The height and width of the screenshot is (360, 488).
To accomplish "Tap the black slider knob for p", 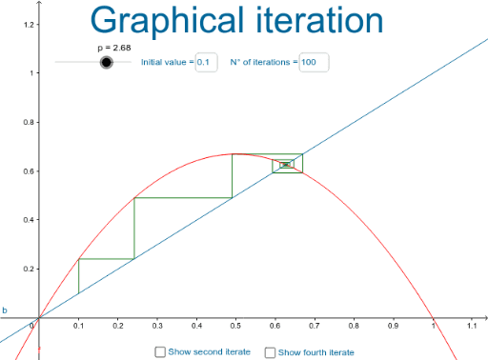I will click(107, 62).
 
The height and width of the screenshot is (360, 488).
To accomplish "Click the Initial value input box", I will click(207, 62).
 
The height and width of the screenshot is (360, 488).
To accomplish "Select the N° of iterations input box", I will click(314, 62).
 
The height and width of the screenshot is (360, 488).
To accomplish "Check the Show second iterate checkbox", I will click(160, 352).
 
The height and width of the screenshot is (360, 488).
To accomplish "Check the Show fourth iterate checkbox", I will click(270, 352).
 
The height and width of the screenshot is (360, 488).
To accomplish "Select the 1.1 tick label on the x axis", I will click(471, 326).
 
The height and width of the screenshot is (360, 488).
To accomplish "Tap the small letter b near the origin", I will click(5, 310).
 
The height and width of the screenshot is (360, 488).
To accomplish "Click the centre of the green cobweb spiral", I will click(285, 165).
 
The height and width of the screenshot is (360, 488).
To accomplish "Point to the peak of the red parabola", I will click(235, 154).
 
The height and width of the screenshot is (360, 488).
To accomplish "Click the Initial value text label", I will click(166, 62).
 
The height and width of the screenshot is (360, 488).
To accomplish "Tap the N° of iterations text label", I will click(264, 62).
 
